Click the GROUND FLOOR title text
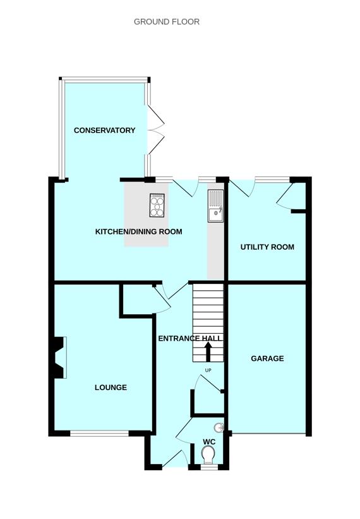pyautogui.click(x=167, y=21)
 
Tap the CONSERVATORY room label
pyautogui.click(x=104, y=130)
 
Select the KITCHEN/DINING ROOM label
pyautogui.click(x=138, y=232)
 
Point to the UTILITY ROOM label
pyautogui.click(x=267, y=247)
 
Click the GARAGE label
pyautogui.click(x=267, y=358)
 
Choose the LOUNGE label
pyautogui.click(x=111, y=388)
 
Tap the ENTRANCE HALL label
pyautogui.click(x=190, y=339)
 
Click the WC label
pyautogui.click(x=209, y=441)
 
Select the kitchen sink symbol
pyautogui.click(x=216, y=207)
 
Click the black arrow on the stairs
pyautogui.click(x=208, y=351)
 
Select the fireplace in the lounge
pyautogui.click(x=59, y=357)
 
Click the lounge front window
pyautogui.click(x=100, y=434)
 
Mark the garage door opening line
pyautogui.click(x=268, y=434)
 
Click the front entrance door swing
pyautogui.click(x=173, y=458)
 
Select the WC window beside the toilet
pyautogui.click(x=208, y=468)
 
